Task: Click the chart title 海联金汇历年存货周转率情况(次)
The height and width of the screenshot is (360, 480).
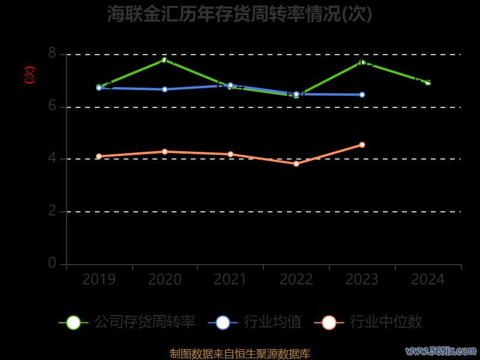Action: click(x=240, y=14)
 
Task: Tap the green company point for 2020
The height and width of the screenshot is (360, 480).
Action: click(x=164, y=59)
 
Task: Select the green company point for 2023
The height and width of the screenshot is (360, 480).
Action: click(x=362, y=62)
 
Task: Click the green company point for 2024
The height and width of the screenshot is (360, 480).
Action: click(x=428, y=82)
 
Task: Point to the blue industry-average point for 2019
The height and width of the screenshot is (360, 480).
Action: click(x=99, y=88)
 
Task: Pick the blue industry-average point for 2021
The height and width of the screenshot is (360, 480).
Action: click(x=230, y=85)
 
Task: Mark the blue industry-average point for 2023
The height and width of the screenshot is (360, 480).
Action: click(x=362, y=95)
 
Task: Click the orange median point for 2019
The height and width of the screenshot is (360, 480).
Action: click(x=99, y=157)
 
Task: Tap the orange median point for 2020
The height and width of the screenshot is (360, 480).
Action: click(x=164, y=152)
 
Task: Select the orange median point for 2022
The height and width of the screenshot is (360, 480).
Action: click(x=296, y=164)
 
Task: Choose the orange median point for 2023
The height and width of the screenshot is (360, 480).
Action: click(x=362, y=145)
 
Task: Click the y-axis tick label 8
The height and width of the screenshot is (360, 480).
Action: click(x=52, y=54)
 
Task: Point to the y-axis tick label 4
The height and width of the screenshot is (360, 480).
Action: click(x=52, y=159)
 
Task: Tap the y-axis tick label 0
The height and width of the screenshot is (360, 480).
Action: click(x=52, y=263)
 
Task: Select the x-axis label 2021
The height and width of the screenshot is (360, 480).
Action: click(x=230, y=280)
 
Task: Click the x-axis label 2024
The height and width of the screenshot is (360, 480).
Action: click(x=428, y=280)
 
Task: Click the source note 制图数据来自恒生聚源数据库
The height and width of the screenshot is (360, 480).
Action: click(x=240, y=354)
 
